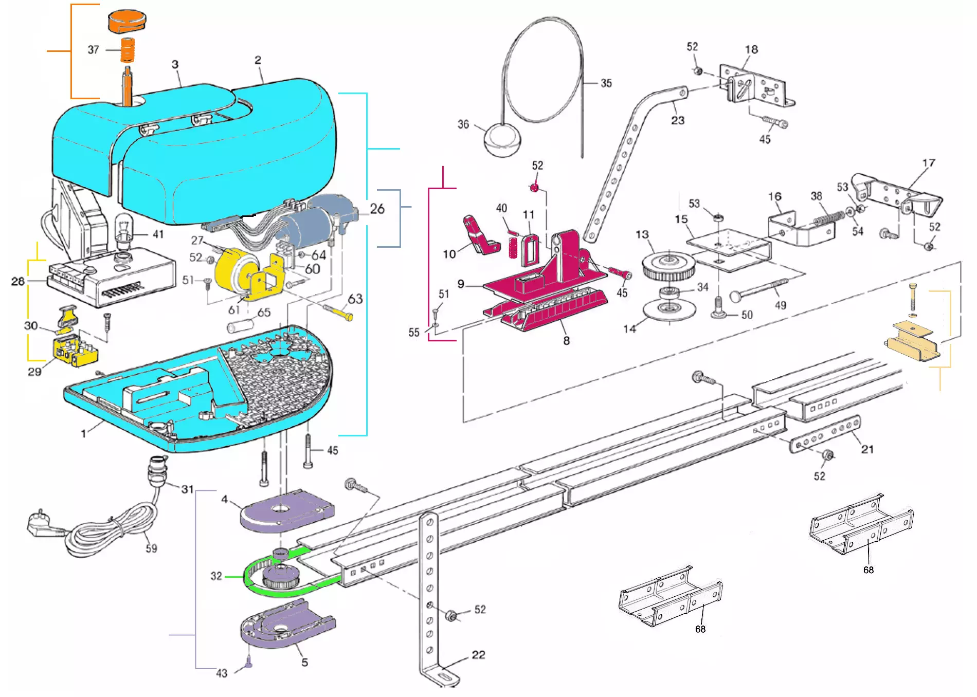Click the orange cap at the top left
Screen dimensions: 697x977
pyautogui.click(x=127, y=21)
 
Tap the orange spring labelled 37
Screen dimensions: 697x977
pyautogui.click(x=128, y=50)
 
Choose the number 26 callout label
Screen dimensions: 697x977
pyautogui.click(x=377, y=209)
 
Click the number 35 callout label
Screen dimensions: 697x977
pyautogui.click(x=606, y=83)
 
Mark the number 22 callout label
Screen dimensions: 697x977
pyautogui.click(x=478, y=655)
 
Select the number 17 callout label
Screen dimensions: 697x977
pyautogui.click(x=929, y=163)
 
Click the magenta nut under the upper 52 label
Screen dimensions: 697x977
pyautogui.click(x=535, y=188)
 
